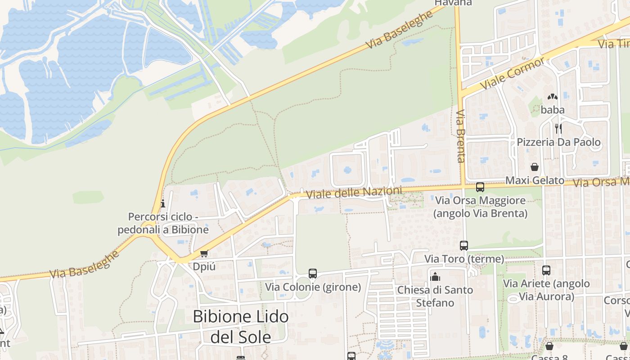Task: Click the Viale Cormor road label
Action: [513, 72]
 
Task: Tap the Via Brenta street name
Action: [460, 136]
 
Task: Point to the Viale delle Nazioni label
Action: [354, 193]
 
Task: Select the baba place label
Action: [552, 110]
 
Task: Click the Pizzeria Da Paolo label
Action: [558, 142]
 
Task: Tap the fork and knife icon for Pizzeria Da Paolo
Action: [558, 129]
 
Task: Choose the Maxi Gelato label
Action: [535, 180]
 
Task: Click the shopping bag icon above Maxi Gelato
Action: [535, 167]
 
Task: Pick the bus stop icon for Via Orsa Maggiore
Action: [480, 187]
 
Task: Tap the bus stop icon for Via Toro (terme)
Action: [464, 246]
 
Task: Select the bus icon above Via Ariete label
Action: [546, 270]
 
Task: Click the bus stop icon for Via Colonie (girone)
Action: [313, 274]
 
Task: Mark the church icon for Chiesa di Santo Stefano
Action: [435, 277]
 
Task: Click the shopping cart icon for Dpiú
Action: [204, 254]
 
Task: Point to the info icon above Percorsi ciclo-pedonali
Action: [162, 204]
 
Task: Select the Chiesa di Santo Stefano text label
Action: [435, 296]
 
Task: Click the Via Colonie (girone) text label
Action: [313, 287]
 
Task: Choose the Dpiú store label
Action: [204, 266]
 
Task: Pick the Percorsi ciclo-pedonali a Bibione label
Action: [163, 223]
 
